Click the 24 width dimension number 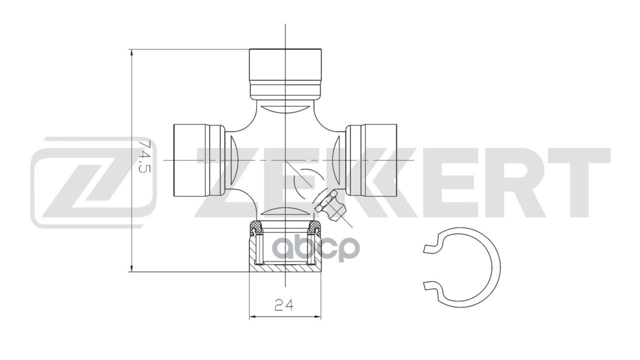pyautogui.click(x=283, y=305)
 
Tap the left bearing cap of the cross pyautogui.click(x=199, y=160)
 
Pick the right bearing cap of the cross pyautogui.click(x=371, y=160)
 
